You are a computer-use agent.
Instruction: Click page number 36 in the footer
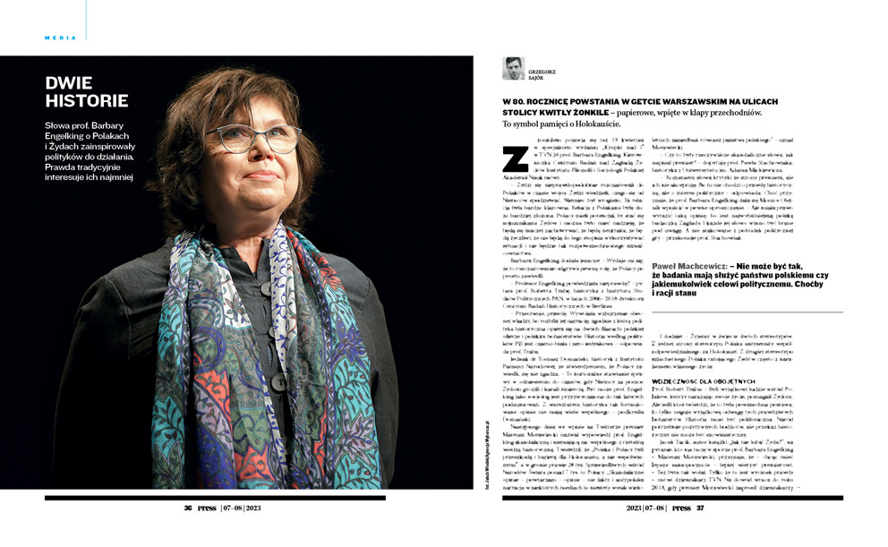pyautogui.click(x=188, y=508)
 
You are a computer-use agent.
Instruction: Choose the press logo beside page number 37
pyautogui.click(x=681, y=508)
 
